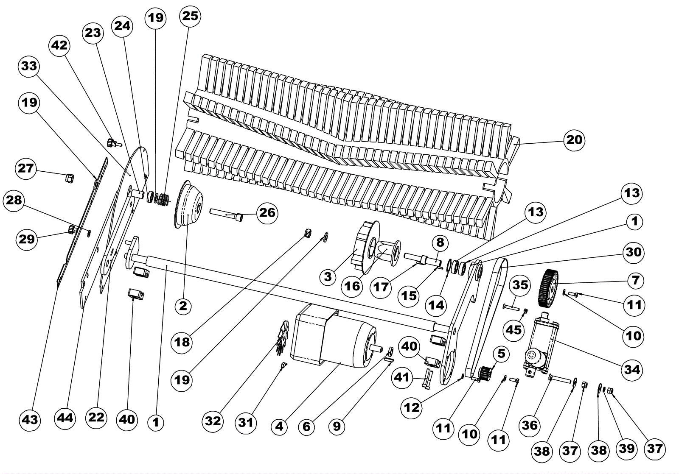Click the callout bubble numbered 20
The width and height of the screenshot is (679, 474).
(x=574, y=139)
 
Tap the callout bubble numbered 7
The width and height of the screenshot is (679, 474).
(x=635, y=280)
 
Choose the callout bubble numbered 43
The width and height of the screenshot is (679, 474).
(x=30, y=420)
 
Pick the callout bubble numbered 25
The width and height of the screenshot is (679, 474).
(x=190, y=16)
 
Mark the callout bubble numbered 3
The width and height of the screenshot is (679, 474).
(x=328, y=277)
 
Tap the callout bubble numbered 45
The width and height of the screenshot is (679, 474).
(x=514, y=329)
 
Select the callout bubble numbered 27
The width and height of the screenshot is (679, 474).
(x=26, y=168)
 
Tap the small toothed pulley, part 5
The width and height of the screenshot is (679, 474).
(x=485, y=373)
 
